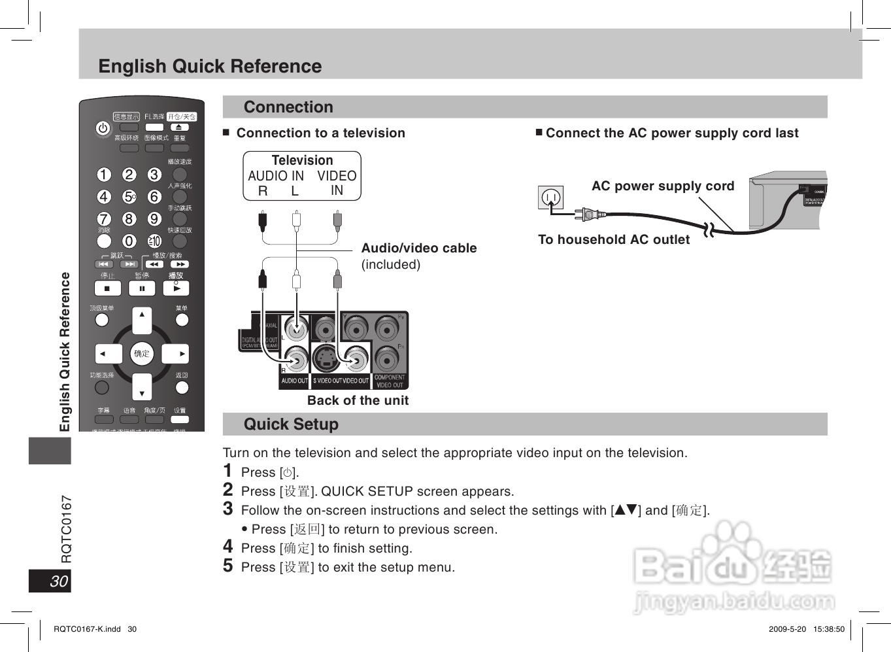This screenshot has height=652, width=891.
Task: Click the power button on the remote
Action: click(x=103, y=129)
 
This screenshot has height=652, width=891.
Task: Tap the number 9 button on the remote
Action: click(x=154, y=218)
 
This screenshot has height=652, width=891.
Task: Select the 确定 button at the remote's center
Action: click(x=142, y=354)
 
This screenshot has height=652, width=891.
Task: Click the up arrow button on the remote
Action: click(x=142, y=319)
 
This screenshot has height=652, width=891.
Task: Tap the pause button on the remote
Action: click(x=142, y=288)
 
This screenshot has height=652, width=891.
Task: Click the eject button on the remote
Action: click(x=179, y=127)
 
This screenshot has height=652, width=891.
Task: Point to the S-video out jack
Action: click(x=326, y=357)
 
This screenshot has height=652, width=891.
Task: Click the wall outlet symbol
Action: click(x=550, y=197)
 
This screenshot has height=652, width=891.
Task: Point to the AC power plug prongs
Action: click(x=582, y=213)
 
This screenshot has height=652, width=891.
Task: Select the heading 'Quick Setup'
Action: click(x=291, y=424)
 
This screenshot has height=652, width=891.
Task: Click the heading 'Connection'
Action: click(x=288, y=107)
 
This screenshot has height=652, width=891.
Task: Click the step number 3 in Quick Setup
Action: click(x=227, y=509)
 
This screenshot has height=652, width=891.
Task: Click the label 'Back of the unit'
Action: click(x=358, y=400)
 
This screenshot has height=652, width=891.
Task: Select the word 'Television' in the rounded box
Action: click(x=302, y=160)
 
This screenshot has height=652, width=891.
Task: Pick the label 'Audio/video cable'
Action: click(x=419, y=248)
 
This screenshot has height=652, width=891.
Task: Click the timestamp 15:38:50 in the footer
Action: click(x=828, y=629)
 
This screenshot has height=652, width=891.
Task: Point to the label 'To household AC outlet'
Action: click(x=613, y=239)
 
